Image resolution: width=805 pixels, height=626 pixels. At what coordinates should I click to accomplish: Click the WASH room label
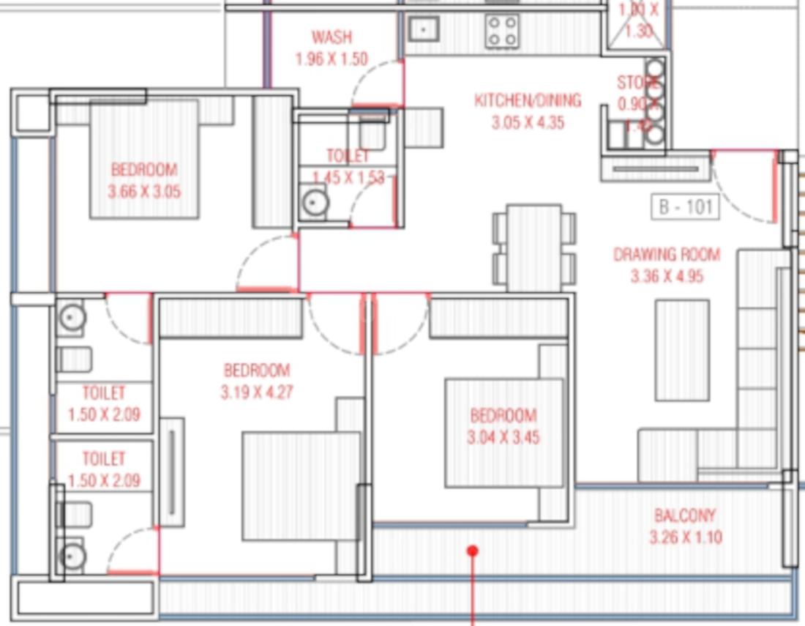331,37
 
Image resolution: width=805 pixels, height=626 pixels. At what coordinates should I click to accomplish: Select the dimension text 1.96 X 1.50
331,59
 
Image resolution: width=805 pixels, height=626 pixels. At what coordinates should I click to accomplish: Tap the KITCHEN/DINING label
527,100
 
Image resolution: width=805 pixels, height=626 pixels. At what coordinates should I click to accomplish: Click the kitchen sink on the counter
422,29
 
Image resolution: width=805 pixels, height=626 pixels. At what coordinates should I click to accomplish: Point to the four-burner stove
502,31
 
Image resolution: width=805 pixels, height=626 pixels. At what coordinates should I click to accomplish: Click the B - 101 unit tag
685,207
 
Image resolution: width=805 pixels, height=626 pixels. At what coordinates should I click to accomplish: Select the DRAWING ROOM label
666,255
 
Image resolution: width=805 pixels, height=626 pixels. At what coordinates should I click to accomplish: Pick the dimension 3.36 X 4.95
666,277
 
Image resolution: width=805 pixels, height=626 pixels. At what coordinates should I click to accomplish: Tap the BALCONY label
685,515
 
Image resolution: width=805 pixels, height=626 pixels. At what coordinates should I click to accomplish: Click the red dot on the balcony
473,551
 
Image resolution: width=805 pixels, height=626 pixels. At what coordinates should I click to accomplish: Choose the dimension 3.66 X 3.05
144,192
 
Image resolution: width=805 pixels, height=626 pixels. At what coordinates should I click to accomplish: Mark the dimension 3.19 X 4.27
257,392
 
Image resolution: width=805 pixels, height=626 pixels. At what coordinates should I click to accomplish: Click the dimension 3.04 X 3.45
503,438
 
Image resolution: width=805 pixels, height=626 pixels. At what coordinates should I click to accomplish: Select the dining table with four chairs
534,247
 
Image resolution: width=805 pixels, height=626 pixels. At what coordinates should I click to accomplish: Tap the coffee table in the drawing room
682,350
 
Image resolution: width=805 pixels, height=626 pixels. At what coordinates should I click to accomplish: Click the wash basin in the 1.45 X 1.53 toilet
315,202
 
